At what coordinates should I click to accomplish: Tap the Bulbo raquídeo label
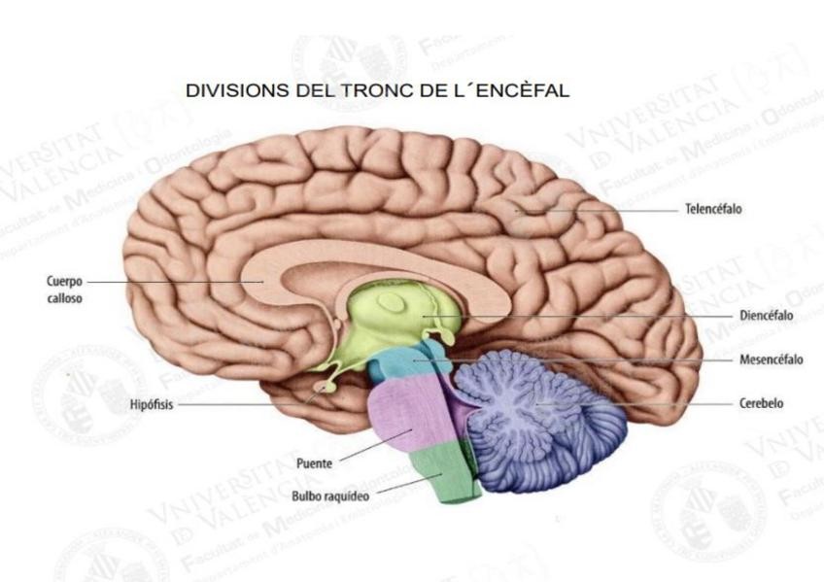(x=333, y=496)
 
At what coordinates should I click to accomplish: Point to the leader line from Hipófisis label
(x=243, y=405)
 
